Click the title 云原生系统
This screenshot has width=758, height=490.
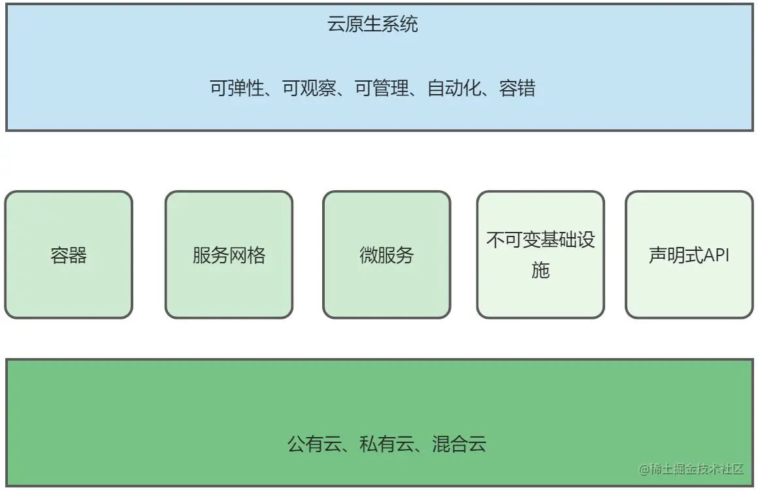(372, 25)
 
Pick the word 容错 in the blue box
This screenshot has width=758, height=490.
(518, 88)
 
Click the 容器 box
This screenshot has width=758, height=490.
(69, 255)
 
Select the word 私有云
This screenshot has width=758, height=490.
(387, 445)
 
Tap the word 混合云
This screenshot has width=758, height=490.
(459, 445)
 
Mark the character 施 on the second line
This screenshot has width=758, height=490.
(540, 270)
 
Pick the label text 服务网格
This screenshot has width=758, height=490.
(229, 255)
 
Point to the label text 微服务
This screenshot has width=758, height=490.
(387, 255)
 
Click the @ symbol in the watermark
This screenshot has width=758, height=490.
(644, 469)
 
